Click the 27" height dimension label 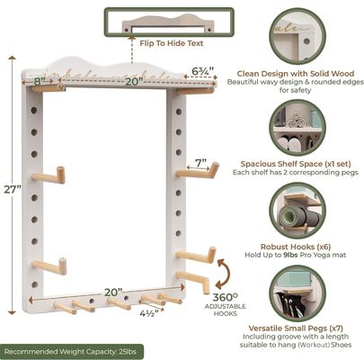click(10, 190)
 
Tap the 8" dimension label click(40, 80)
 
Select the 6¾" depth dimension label click(202, 70)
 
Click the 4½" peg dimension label click(125, 314)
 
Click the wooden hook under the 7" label click(196, 171)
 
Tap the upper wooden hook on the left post click(50, 175)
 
